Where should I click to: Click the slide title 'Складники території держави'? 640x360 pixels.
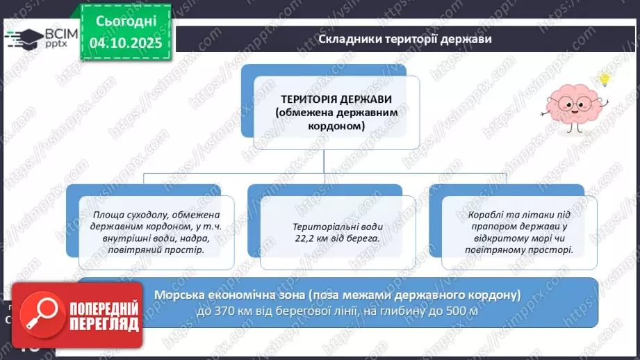[405, 39]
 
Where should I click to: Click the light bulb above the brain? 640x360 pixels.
[605, 78]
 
